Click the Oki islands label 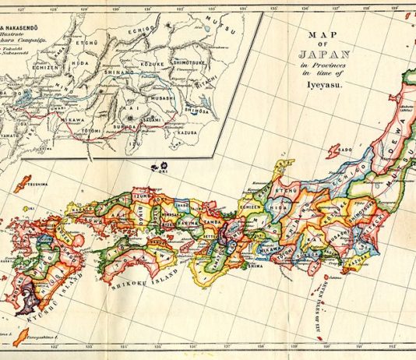[x=166, y=173]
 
